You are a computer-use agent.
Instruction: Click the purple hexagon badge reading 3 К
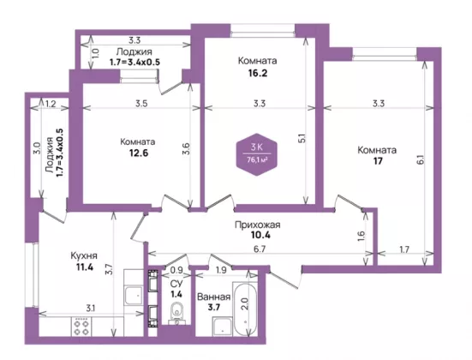pos(256,154)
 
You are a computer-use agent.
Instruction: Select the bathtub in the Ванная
pos(245,309)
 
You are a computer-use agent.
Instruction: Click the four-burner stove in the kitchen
pos(81,327)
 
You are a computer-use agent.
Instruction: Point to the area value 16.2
pos(257,73)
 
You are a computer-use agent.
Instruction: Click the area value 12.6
pos(139,153)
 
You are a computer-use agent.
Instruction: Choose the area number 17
pos(378,161)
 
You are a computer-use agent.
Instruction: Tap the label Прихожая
pos(257,225)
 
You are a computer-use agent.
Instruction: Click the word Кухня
pos(84,255)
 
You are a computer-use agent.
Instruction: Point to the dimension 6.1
pos(421,159)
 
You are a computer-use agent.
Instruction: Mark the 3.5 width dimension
pos(141,104)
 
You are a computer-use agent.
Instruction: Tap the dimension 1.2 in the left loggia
pos(51,104)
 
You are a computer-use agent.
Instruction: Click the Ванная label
pos(214,297)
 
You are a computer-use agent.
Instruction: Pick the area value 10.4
pos(260,235)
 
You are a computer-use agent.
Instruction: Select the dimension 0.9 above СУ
pos(176,270)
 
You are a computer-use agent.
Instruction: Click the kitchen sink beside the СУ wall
pos(134,296)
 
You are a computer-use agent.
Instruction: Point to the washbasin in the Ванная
pos(222,327)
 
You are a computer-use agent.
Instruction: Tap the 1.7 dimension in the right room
pos(404,249)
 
